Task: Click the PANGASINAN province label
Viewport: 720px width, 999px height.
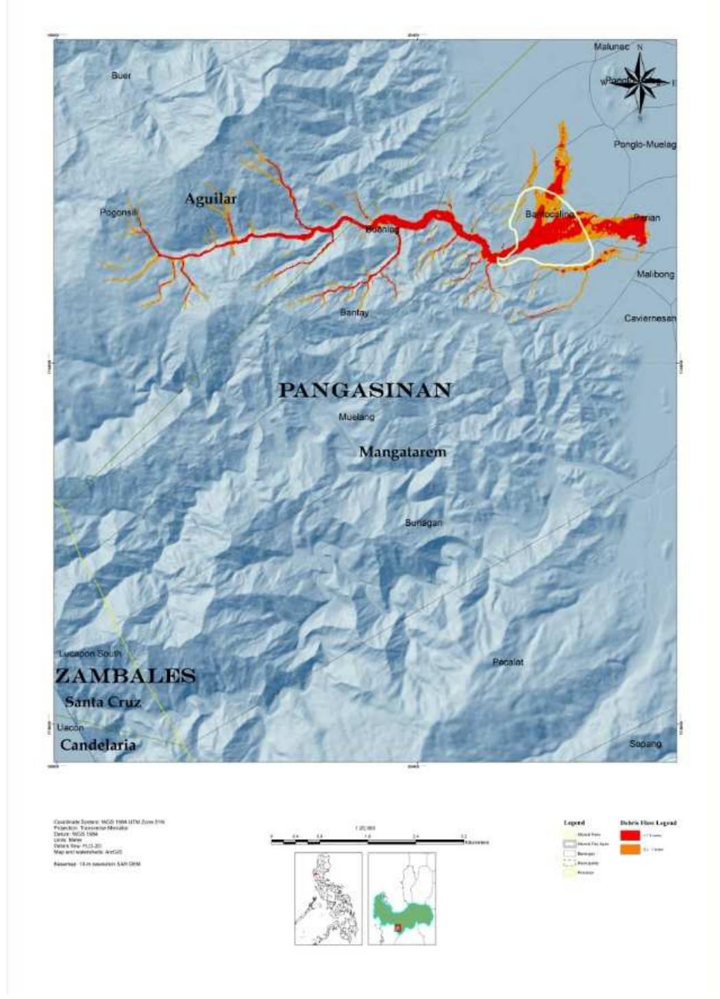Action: [x=364, y=391]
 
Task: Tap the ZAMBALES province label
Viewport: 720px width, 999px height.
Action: [x=125, y=676]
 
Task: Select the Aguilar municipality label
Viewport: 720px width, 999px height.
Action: [x=210, y=199]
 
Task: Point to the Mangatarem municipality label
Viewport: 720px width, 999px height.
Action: [x=402, y=452]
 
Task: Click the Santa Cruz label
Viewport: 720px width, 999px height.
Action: [x=103, y=702]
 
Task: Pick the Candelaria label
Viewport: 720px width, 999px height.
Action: [x=98, y=745]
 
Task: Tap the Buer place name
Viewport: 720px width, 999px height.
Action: [x=121, y=75]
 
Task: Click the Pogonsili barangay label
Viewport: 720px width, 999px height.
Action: [x=119, y=213]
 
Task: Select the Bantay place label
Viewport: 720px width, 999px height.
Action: [x=354, y=313]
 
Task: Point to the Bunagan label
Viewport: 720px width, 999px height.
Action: [x=423, y=522]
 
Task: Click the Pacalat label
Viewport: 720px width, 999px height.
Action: [x=508, y=662]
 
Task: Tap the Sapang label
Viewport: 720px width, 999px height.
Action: [x=645, y=744]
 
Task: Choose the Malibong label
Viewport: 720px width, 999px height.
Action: [x=655, y=274]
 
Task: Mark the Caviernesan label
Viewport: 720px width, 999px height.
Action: [x=649, y=318]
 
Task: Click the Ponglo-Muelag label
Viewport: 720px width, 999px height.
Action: [x=645, y=145]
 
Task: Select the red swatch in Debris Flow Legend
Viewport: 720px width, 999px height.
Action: [x=630, y=834]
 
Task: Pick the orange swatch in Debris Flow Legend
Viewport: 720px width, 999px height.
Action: [x=630, y=850]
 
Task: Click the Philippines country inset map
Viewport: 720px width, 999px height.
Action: [x=328, y=898]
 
